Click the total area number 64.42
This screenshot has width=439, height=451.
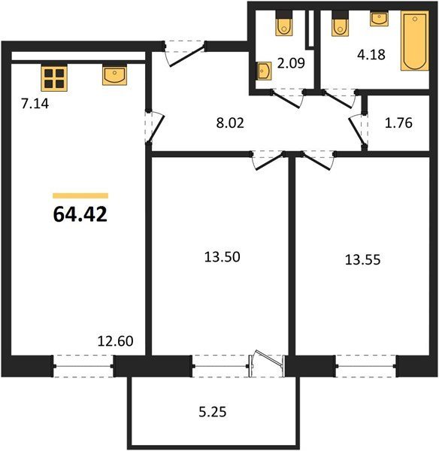(80, 214)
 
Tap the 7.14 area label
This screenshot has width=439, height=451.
(35, 104)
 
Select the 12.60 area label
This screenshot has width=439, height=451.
(115, 341)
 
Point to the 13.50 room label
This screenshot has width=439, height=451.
(222, 257)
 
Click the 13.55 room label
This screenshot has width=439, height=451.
(362, 260)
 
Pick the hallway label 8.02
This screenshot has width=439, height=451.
(230, 123)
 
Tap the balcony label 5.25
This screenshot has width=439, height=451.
(213, 412)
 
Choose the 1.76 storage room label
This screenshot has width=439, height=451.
(398, 123)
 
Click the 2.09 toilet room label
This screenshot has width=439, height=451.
(291, 63)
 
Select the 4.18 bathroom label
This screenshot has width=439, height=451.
(371, 55)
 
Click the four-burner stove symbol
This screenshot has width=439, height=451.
(54, 78)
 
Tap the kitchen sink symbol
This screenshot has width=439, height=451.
(114, 75)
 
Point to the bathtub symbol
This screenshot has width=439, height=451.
(415, 41)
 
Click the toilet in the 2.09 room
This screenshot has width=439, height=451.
(284, 23)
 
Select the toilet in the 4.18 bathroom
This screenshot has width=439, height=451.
(340, 23)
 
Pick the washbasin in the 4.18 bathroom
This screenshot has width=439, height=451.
(380, 19)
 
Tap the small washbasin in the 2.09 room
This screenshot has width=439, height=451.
(264, 71)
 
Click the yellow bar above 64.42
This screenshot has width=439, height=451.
(80, 196)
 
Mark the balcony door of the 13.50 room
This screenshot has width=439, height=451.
(267, 363)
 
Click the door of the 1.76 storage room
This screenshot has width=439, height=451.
(356, 129)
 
